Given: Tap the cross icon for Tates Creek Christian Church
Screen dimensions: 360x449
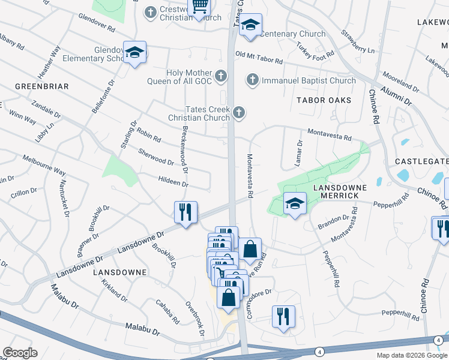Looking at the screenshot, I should coord(239,112).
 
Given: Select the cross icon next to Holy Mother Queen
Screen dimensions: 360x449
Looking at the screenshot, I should coord(221,76).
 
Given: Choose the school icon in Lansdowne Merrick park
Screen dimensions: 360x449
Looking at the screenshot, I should coord(294,204).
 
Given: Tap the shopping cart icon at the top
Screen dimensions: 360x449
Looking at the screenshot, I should coord(199,7).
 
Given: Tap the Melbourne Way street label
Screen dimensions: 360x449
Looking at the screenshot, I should coord(44,164).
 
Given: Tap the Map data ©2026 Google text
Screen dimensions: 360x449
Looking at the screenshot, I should coord(412,355).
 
